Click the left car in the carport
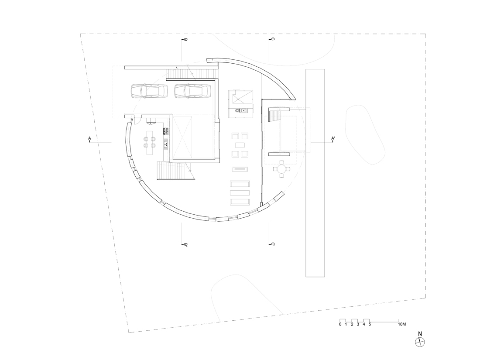coord(149,91)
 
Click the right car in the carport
coord(192,91)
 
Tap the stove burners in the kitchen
coord(166,131)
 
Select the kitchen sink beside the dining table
coord(166,144)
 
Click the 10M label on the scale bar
coord(402,324)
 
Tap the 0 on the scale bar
coord(340,325)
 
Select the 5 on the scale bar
coord(370,325)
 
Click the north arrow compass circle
coord(420,342)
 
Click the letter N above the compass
coord(420,334)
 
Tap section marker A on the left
coord(90,139)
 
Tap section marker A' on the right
coord(333,139)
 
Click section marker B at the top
coord(185,39)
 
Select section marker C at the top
coord(272,39)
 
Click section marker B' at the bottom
coord(185,245)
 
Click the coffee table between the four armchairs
coord(240,145)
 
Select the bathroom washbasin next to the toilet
coord(243,110)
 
